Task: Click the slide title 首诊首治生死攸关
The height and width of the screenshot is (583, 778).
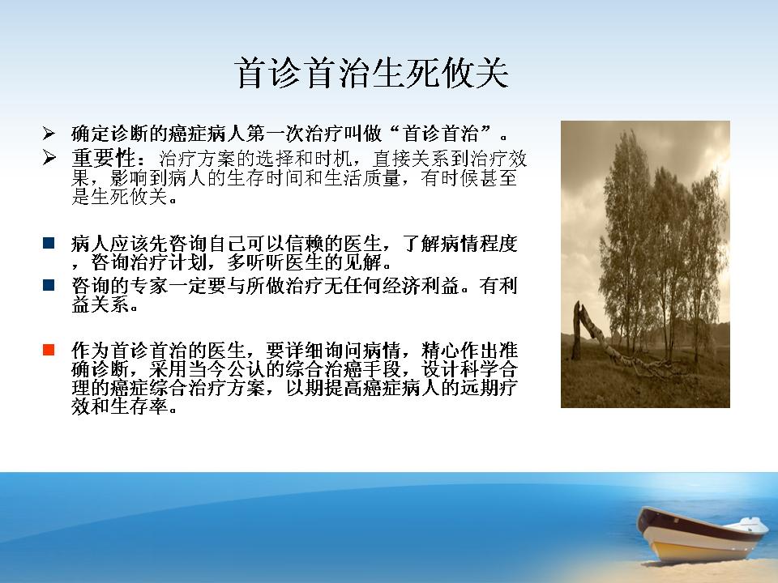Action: pyautogui.click(x=372, y=74)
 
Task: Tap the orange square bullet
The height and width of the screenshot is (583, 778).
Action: pyautogui.click(x=49, y=350)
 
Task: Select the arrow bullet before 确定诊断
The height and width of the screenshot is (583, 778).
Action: pyautogui.click(x=49, y=134)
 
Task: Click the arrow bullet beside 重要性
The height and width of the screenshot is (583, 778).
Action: pyautogui.click(x=49, y=158)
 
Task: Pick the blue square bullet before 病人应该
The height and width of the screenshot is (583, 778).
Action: pyautogui.click(x=49, y=243)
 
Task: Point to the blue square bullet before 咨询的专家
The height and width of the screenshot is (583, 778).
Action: pyautogui.click(x=49, y=285)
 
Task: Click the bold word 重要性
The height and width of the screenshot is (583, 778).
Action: pyautogui.click(x=103, y=159)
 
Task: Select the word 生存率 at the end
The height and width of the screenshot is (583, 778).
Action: pyautogui.click(x=139, y=406)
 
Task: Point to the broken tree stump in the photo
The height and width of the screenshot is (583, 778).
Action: pyautogui.click(x=577, y=330)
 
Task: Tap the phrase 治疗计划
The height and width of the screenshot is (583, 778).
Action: pyautogui.click(x=169, y=262)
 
